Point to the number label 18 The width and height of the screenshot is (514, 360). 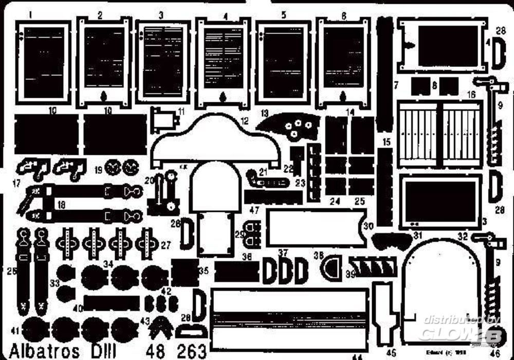coord(61,205)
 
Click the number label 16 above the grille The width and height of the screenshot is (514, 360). coord(471,96)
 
